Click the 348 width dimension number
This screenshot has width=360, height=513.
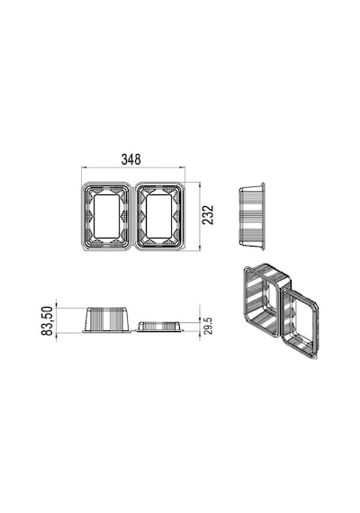click(130, 159)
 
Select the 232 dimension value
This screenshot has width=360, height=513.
click(208, 215)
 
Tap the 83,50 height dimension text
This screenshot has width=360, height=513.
click(47, 320)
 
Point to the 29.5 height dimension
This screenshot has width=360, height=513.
click(208, 326)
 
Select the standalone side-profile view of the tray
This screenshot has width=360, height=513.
click(252, 216)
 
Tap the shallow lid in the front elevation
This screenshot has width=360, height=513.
click(159, 327)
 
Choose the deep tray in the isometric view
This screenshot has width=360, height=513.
click(265, 300)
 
